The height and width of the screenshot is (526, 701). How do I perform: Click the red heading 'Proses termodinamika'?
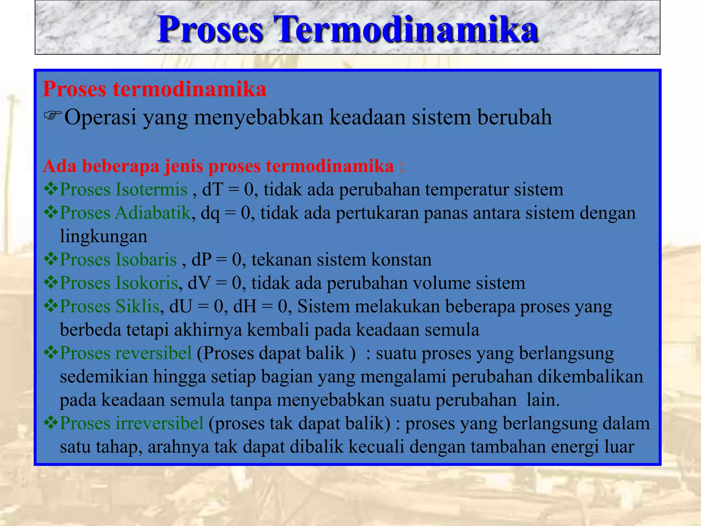(x=154, y=89)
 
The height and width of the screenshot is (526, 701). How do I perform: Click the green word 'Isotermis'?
(x=152, y=189)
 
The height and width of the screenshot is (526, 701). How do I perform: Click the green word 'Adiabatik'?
(x=153, y=213)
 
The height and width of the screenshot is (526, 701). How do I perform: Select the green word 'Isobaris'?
(x=146, y=260)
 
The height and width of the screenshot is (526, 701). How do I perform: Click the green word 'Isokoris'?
(x=147, y=283)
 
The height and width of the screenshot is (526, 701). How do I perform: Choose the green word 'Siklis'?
(x=138, y=306)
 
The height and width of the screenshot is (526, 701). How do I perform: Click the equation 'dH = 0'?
(x=260, y=306)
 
